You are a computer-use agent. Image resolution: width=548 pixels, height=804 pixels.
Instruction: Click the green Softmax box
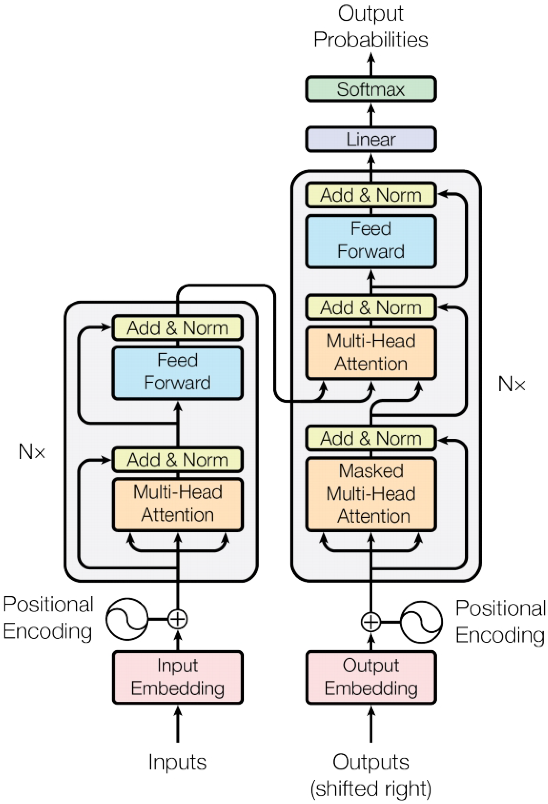(x=370, y=89)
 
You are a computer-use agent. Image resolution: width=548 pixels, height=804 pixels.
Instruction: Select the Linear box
(x=370, y=139)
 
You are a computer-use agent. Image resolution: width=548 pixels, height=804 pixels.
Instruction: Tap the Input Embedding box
(x=178, y=677)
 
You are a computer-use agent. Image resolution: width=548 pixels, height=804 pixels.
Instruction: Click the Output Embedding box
(x=370, y=677)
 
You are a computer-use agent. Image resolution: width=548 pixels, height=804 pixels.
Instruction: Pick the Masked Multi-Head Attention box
(x=370, y=494)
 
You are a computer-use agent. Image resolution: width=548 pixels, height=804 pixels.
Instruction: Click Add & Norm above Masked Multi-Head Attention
(x=370, y=438)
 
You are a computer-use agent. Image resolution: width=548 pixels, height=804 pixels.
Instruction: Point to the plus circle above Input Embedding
(x=178, y=619)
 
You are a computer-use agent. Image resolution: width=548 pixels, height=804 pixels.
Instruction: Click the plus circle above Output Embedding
(x=371, y=622)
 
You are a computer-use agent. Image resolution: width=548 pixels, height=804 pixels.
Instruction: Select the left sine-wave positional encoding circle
(x=127, y=619)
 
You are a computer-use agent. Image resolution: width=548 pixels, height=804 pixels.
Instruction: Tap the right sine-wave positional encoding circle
(x=421, y=622)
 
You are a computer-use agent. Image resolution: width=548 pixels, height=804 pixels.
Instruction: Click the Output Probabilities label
(x=370, y=27)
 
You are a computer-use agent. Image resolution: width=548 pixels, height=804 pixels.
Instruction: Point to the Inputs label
(x=178, y=762)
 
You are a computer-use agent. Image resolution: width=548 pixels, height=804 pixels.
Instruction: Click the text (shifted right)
(x=370, y=789)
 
